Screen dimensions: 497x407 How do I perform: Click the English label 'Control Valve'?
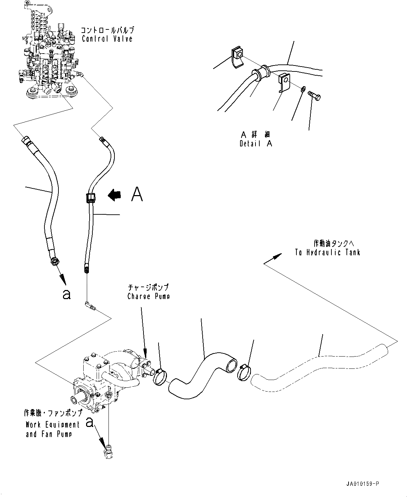[107, 38]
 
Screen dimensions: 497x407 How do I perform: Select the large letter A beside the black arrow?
[137, 194]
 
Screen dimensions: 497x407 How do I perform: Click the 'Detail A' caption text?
[256, 143]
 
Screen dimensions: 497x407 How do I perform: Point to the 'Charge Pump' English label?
[148, 296]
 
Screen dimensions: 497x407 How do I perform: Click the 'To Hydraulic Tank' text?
[327, 252]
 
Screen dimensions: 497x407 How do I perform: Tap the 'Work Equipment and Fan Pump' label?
[52, 429]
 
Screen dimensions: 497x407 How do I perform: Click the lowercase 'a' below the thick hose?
[66, 295]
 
